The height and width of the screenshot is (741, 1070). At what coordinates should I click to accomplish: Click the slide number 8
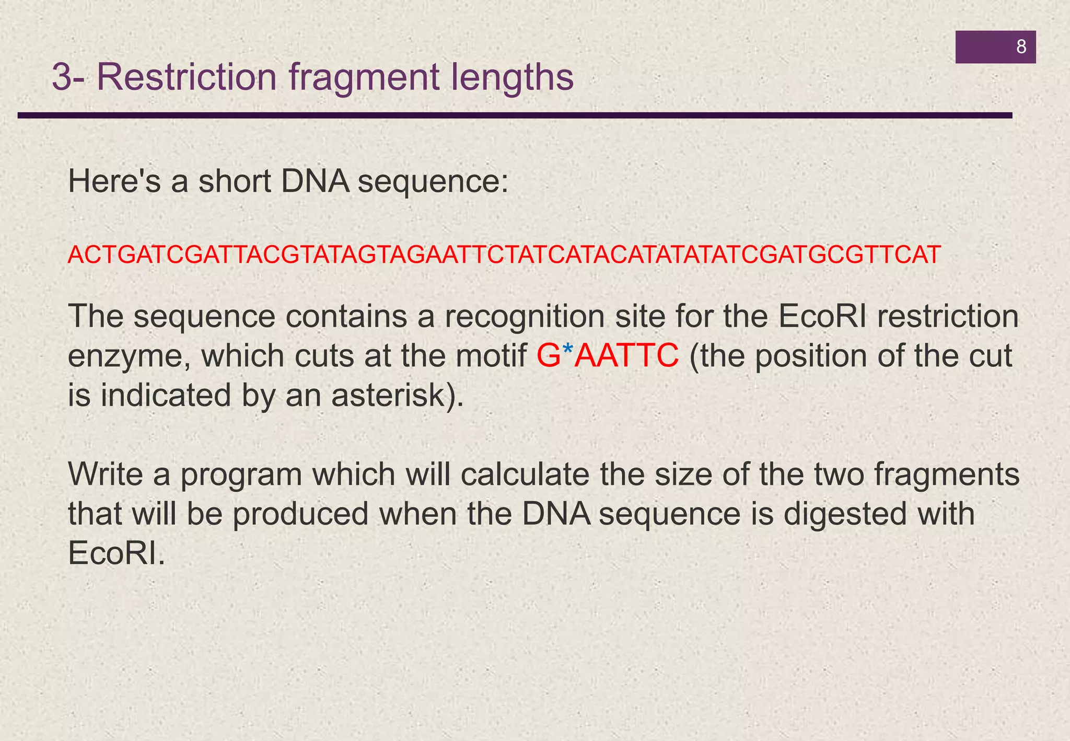[x=1021, y=47]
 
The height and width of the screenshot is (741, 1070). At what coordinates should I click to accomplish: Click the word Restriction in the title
[x=187, y=77]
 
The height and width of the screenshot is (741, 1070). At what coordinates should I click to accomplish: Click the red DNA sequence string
[x=504, y=254]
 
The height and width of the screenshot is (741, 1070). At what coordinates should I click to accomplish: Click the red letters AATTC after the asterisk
[x=626, y=356]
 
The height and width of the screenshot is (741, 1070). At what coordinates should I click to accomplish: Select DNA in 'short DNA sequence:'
[x=315, y=182]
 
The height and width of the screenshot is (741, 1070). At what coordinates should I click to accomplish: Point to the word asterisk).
[x=397, y=395]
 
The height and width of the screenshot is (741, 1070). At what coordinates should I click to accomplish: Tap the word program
[x=241, y=476]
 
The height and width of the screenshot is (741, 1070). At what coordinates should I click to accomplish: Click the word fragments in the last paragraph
[x=947, y=476]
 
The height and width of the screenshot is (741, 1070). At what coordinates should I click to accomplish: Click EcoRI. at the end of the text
[x=117, y=553]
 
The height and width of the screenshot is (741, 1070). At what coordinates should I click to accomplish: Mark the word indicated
[x=166, y=395]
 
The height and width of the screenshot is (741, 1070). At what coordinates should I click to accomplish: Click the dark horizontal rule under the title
[x=515, y=115]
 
